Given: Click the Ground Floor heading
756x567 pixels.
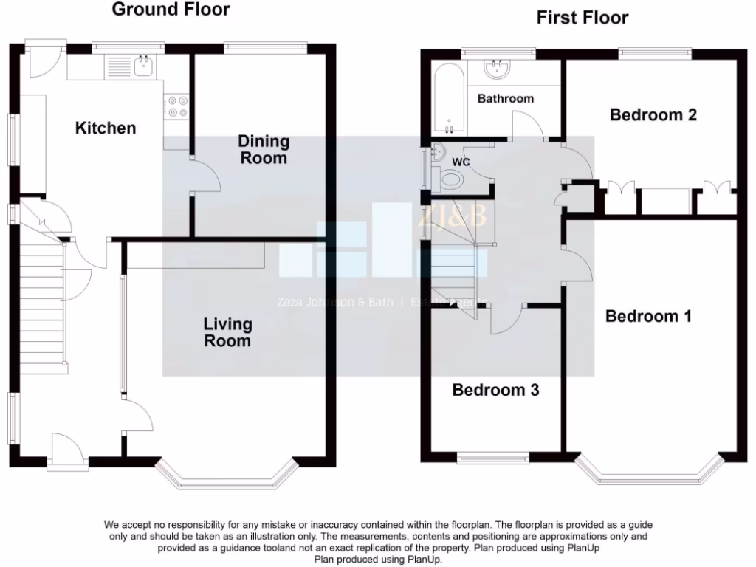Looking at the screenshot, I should pyautogui.click(x=171, y=10).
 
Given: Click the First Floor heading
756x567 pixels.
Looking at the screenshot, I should pyautogui.click(x=582, y=17).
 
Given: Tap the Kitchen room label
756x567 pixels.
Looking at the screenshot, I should pyautogui.click(x=106, y=128).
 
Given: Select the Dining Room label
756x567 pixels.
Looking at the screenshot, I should pyautogui.click(x=264, y=149).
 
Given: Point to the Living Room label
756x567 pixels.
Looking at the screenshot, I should pyautogui.click(x=227, y=332).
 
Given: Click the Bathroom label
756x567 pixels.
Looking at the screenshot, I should pyautogui.click(x=505, y=98).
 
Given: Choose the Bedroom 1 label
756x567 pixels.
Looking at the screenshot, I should pyautogui.click(x=648, y=316).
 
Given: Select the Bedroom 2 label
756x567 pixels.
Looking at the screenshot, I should pyautogui.click(x=653, y=114).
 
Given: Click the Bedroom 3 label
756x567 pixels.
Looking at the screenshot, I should pyautogui.click(x=495, y=390).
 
